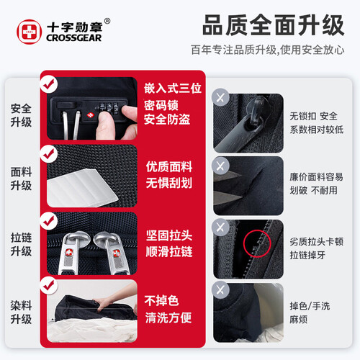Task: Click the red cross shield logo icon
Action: [29, 32]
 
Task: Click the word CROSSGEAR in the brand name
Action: [74, 37]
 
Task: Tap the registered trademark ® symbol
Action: [107, 21]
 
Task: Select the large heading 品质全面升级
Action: [274, 25]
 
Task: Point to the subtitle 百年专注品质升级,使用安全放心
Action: [268, 50]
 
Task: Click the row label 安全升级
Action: [21, 115]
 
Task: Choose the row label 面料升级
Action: [21, 179]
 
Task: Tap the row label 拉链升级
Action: [21, 244]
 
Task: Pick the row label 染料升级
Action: [21, 312]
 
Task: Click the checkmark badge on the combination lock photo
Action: [49, 84]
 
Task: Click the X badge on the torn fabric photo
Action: [220, 166]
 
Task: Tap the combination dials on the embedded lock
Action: [109, 107]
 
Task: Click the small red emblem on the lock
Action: [91, 115]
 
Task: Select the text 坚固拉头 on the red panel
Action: [169, 235]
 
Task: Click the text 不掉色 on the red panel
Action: [161, 300]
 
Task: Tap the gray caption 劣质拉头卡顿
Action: [317, 241]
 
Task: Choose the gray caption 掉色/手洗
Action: [310, 306]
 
